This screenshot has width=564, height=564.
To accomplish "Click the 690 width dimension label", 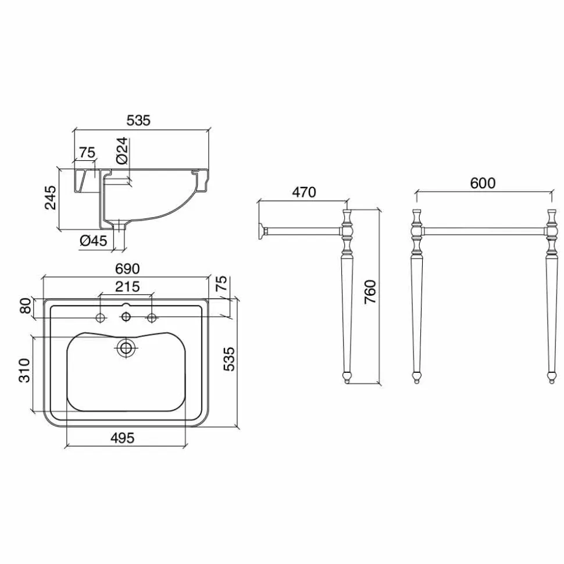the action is pyautogui.click(x=127, y=269).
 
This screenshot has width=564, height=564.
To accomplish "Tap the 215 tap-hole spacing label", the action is pyautogui.click(x=127, y=287).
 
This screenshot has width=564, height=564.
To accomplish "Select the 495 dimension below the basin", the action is pyautogui.click(x=123, y=438).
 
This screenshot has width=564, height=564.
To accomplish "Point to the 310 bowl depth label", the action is pyautogui.click(x=24, y=371).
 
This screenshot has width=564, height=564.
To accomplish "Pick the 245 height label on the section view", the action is pyautogui.click(x=51, y=197).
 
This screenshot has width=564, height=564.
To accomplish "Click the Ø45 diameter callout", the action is pyautogui.click(x=94, y=240).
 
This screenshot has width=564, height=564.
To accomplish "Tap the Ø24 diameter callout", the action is pyautogui.click(x=122, y=150).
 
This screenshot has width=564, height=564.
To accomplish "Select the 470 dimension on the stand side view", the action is pyautogui.click(x=304, y=192).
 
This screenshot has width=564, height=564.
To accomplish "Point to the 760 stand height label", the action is pyautogui.click(x=370, y=292).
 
